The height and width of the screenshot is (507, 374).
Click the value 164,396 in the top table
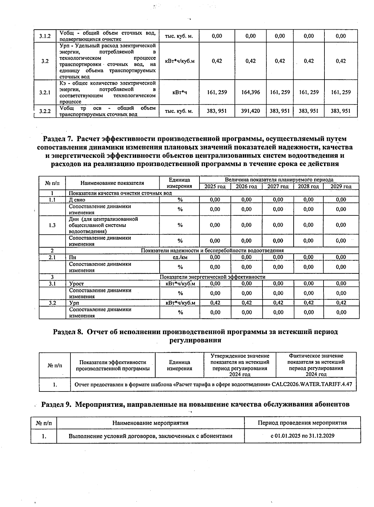click(x=251, y=92)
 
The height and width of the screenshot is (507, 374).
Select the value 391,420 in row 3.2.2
click(x=251, y=111)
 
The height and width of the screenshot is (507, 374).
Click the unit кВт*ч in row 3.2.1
click(x=180, y=92)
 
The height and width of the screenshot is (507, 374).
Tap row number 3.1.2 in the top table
click(x=45, y=36)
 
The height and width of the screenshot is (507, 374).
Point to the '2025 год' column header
click(x=215, y=186)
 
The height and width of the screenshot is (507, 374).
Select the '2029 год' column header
click(x=341, y=186)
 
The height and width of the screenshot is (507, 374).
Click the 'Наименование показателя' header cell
click(x=112, y=183)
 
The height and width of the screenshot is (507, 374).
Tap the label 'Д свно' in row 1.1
click(x=77, y=200)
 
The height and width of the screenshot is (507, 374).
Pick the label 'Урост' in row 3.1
click(x=76, y=284)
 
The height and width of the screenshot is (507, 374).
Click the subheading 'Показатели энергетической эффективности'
click(x=212, y=277)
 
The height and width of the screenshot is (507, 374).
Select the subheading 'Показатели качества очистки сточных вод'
click(x=120, y=193)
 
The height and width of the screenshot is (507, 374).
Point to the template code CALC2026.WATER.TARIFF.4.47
click(x=312, y=384)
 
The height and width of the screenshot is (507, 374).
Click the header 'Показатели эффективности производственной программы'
click(x=113, y=365)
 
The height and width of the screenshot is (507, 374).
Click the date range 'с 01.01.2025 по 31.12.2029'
click(x=302, y=436)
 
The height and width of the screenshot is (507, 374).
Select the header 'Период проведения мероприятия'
click(x=302, y=423)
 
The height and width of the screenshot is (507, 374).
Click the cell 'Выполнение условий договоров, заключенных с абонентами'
click(x=150, y=436)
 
